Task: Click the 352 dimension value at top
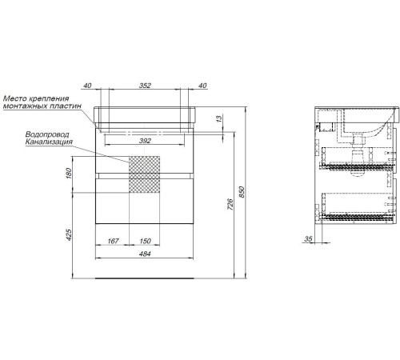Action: (145, 86)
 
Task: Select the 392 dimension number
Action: (145, 141)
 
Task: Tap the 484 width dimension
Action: (145, 254)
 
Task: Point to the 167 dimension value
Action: (113, 241)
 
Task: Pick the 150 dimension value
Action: (145, 241)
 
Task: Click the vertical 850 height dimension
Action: (242, 192)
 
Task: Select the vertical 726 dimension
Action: (230, 204)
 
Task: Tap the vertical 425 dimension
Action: (69, 235)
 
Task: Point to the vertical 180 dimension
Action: (69, 173)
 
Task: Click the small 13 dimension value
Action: (218, 118)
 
